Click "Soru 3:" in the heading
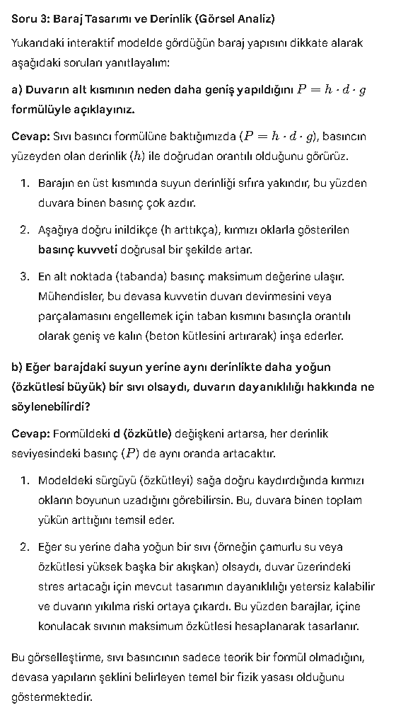coord(29,18)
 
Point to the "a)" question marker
coord(18,90)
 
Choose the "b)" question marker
coord(18,367)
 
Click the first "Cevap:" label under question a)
coord(30,136)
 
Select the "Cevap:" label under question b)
coord(30,433)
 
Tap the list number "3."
coord(25,276)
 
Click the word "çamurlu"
coord(274,547)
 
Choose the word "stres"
coord(50,586)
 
